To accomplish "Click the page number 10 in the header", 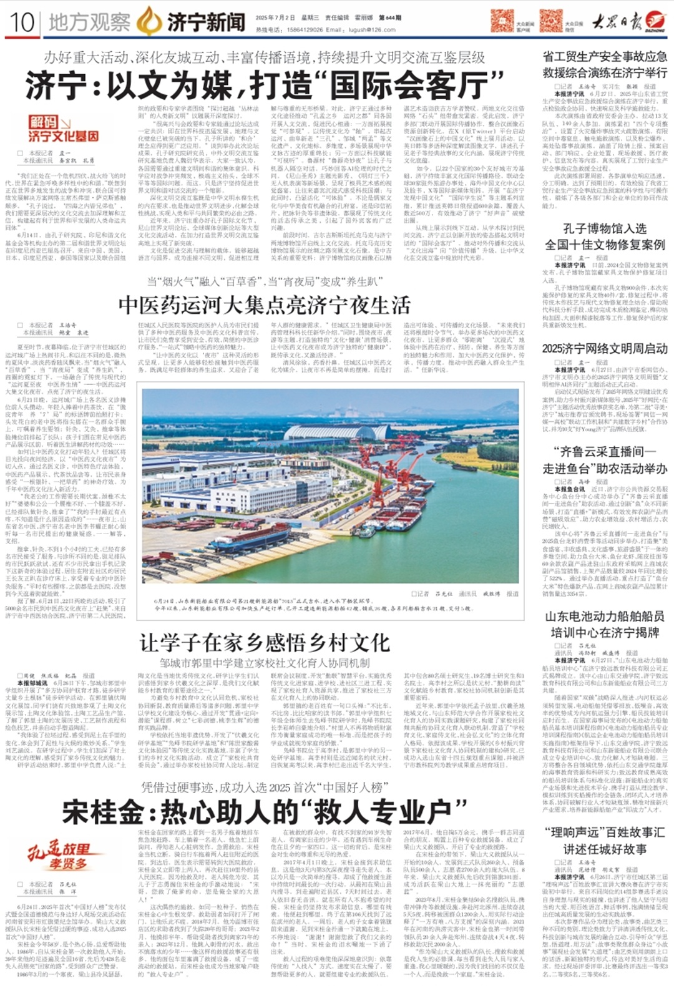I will tap(22, 22).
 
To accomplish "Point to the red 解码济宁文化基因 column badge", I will tap(63, 128).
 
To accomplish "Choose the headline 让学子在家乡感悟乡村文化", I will tap(265, 642).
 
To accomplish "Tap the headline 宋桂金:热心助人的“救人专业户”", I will tap(256, 811).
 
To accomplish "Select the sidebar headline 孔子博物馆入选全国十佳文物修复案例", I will tap(605, 237).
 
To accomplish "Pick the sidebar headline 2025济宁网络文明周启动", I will tap(605, 348).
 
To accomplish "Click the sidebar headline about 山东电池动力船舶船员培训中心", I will tap(605, 624).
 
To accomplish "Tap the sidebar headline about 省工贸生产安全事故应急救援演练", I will tap(605, 64).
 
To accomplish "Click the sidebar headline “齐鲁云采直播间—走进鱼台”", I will tap(605, 460).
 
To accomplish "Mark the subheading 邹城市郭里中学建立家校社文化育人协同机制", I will tap(265, 663).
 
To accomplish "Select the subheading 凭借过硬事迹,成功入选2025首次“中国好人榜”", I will tap(262, 788).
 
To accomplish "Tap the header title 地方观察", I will tap(89, 22).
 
